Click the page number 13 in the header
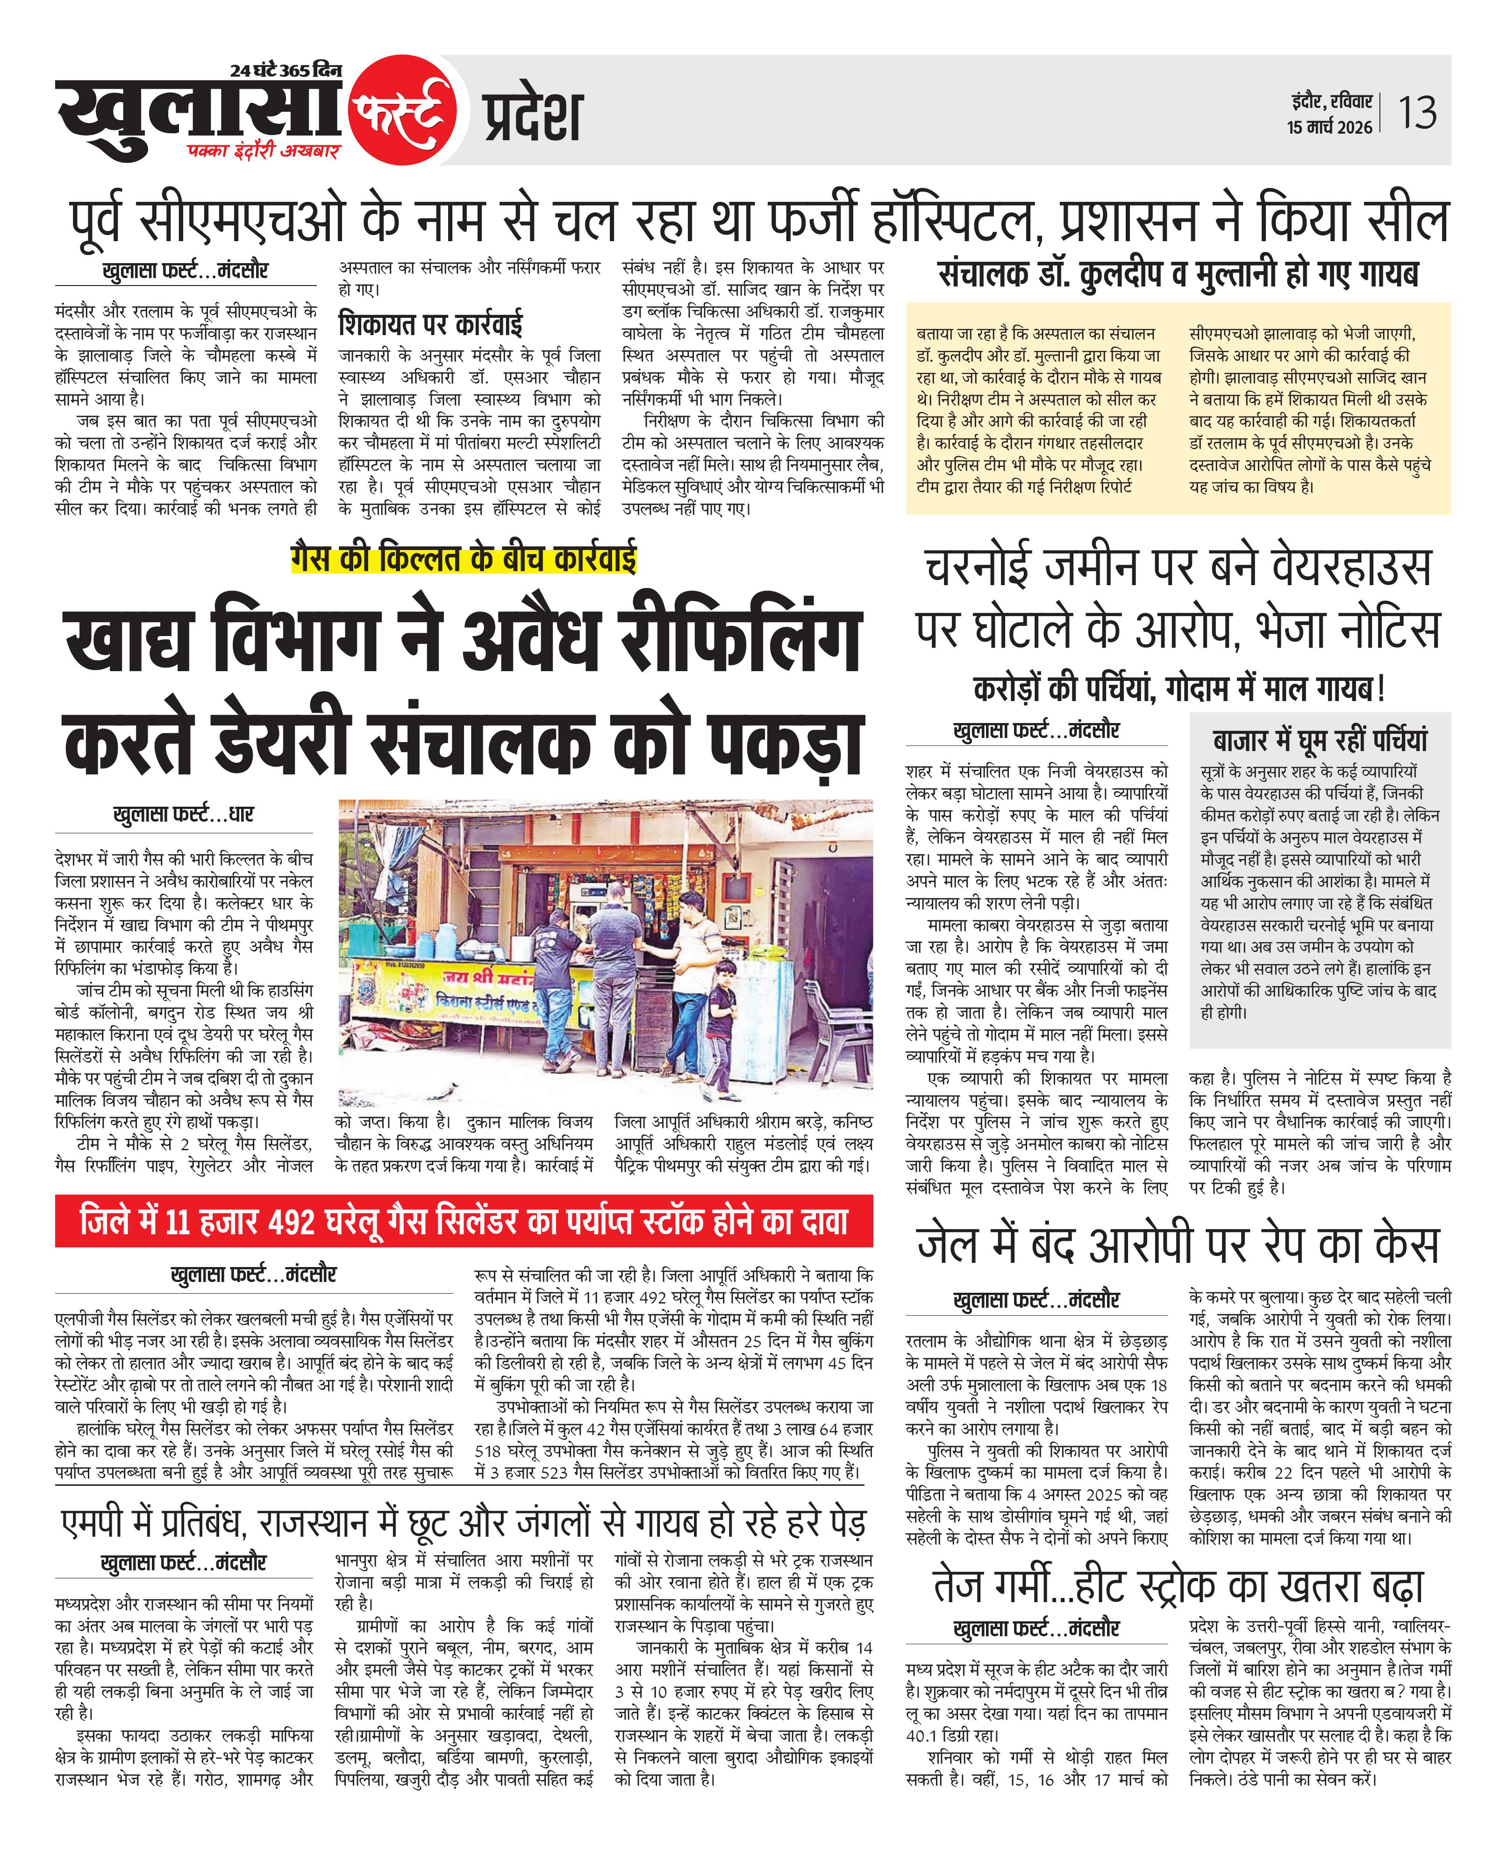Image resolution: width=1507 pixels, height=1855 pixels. coord(1417,113)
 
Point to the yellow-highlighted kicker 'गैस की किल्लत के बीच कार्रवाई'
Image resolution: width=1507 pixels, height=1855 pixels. coord(464,557)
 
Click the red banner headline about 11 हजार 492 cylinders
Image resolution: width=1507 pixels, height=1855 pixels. coord(464,1221)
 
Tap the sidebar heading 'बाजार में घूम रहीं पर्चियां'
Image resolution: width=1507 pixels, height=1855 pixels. coord(1320,739)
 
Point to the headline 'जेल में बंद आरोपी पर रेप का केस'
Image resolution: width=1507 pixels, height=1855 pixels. coord(1178,1245)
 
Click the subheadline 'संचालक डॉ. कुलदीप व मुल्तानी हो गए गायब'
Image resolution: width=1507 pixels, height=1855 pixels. coord(1178,274)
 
